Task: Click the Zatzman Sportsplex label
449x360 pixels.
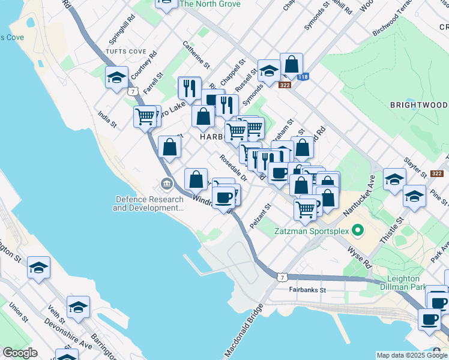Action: click(311, 230)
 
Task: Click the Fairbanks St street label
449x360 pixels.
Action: click(306, 290)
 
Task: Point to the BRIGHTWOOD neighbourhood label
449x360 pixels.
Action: click(418, 105)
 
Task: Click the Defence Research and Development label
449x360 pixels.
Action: click(149, 204)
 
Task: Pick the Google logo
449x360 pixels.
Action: click(20, 353)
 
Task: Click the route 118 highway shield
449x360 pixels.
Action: click(303, 77)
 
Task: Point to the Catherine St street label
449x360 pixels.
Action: click(196, 54)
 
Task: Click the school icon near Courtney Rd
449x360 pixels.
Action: click(116, 77)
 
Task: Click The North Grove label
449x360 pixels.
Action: click(209, 4)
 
